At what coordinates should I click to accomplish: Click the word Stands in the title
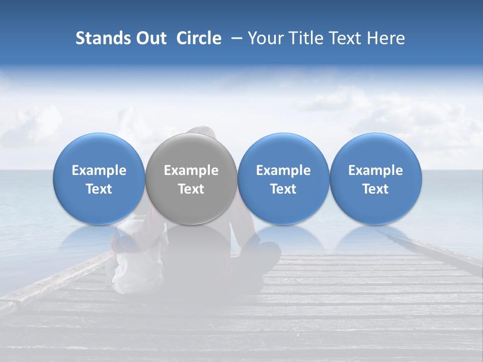point(98,38)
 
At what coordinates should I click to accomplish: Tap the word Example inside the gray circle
point(191,170)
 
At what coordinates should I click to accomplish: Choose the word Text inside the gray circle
point(191,189)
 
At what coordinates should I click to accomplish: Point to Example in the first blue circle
point(99,170)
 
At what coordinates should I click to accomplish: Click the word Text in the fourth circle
point(375,189)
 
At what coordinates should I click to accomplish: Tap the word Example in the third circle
point(283,170)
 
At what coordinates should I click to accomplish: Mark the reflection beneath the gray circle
point(191,239)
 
